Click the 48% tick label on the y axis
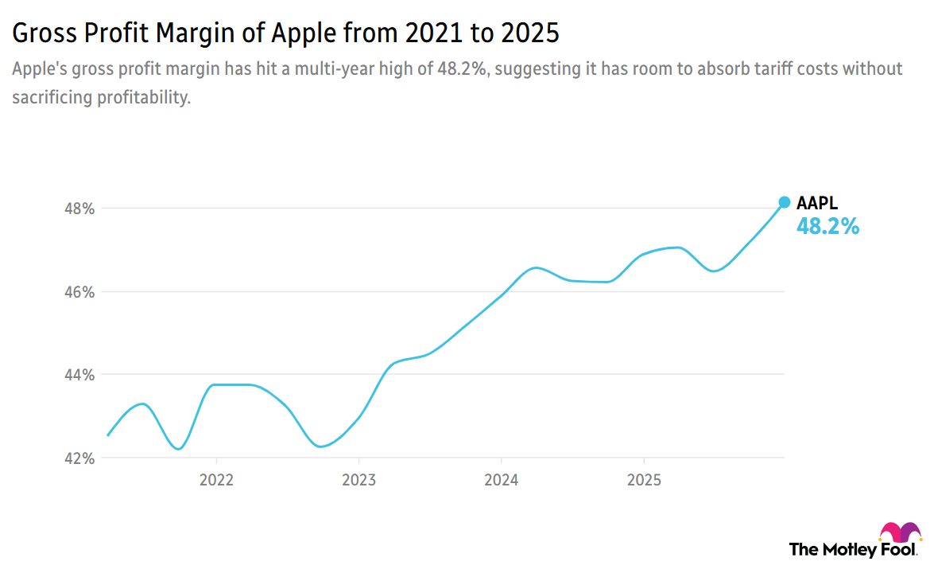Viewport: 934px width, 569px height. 79,209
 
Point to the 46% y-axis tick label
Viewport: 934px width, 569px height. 79,292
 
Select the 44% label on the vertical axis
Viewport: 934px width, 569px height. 79,375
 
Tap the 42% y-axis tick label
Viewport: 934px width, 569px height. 79,458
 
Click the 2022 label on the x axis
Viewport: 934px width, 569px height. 216,481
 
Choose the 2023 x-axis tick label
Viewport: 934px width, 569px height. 358,481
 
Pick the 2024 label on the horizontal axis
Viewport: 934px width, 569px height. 501,481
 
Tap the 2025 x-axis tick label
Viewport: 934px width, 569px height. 643,481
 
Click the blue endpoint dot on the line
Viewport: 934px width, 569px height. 784,202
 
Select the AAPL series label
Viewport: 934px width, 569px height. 817,203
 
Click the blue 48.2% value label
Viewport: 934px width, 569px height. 827,227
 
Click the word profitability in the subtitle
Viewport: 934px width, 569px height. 142,98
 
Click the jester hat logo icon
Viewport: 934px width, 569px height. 900,532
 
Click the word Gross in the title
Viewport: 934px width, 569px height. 42,34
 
